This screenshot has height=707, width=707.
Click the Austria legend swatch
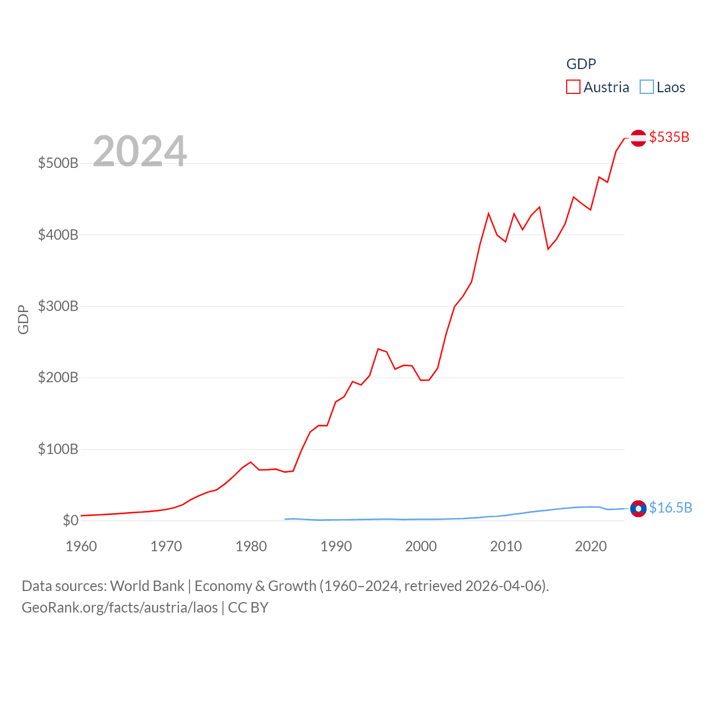coord(573,87)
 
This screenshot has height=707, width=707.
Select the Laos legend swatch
coord(647,87)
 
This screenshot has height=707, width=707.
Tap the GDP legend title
coord(581,64)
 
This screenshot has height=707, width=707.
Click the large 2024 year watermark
coord(140,151)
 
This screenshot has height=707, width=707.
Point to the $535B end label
coord(669,137)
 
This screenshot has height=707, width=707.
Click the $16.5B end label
coord(671,508)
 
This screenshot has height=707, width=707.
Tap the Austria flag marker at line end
coord(638,138)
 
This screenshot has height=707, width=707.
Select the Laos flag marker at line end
coord(638,508)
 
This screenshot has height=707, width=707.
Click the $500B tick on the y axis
coord(58,163)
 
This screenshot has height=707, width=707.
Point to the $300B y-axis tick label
coord(58,307)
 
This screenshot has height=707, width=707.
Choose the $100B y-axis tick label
coord(58,449)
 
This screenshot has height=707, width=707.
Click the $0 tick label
coord(71,520)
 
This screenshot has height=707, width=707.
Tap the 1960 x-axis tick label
coord(81,546)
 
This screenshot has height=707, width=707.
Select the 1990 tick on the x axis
coord(336,546)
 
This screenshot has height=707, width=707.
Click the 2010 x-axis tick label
coord(506,546)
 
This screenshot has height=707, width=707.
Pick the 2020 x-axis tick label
coord(591,546)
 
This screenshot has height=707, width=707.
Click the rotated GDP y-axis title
coord(23,319)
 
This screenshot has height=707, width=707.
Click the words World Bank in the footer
coord(147,586)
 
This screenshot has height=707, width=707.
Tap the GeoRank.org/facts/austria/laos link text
coord(120,608)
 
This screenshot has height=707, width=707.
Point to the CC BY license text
coord(248,608)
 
